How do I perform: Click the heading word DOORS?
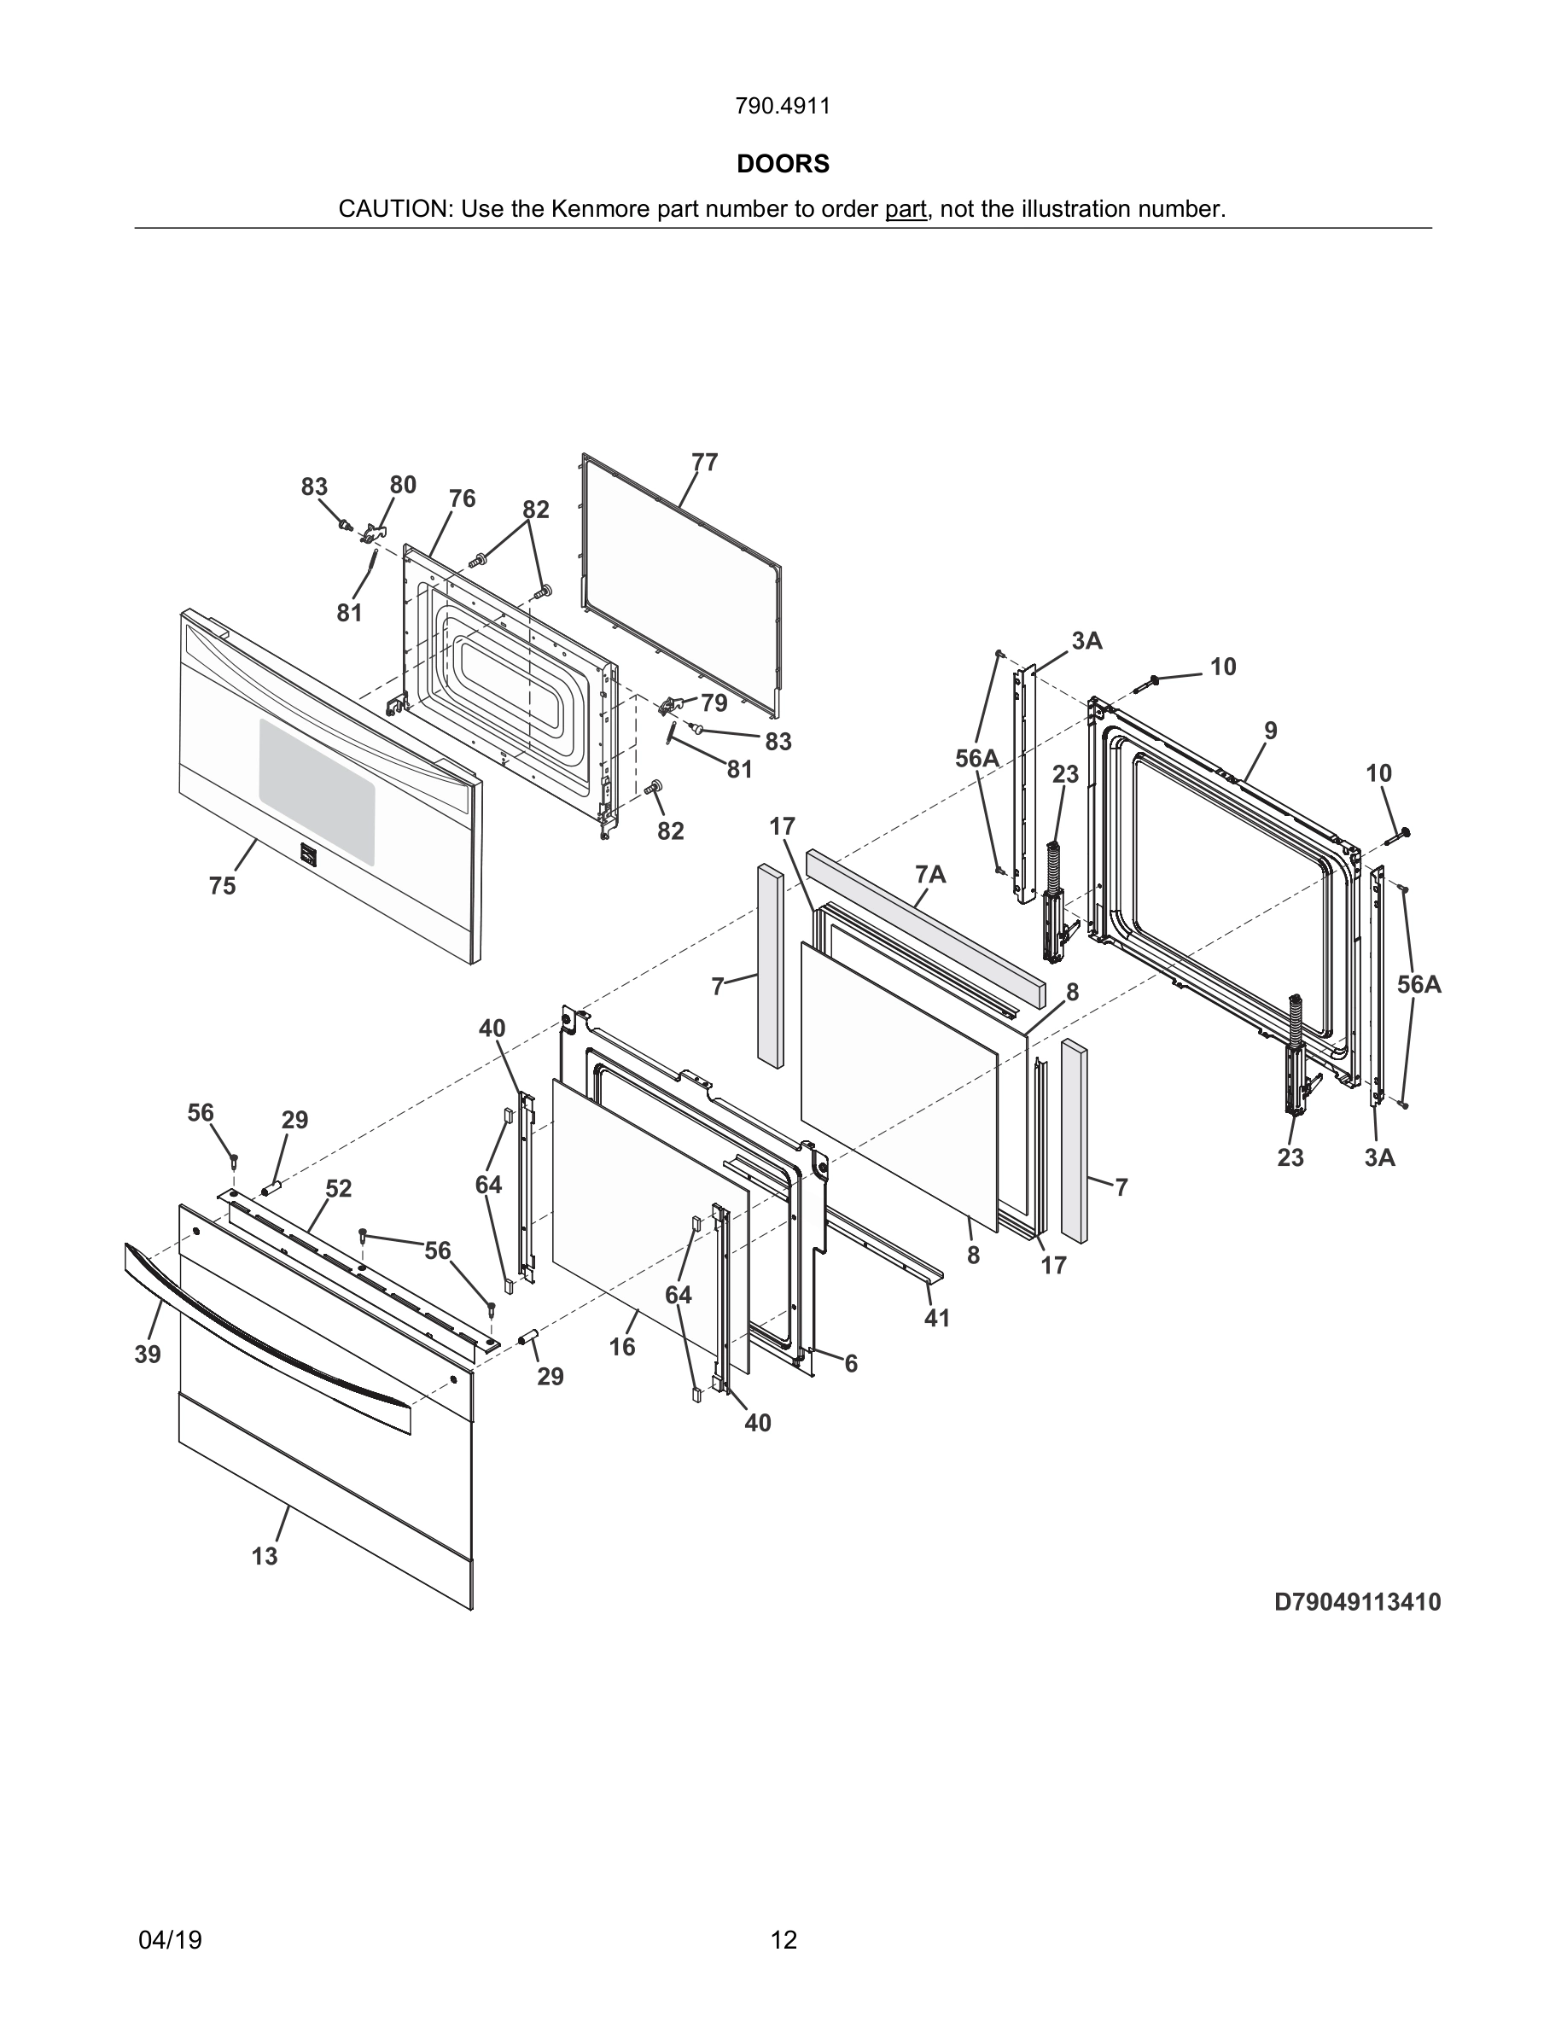click(x=783, y=165)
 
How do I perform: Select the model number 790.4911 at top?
click(x=783, y=107)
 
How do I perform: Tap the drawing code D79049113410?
click(x=1357, y=1602)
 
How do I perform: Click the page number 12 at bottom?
click(x=783, y=1940)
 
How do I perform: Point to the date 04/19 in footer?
click(x=170, y=1940)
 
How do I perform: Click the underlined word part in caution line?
click(x=905, y=210)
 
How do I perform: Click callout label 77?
click(x=705, y=463)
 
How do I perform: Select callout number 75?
click(x=222, y=886)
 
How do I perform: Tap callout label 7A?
click(x=930, y=874)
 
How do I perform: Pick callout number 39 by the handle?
click(x=148, y=1355)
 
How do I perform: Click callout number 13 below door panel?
click(x=265, y=1556)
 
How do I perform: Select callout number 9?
click(x=1270, y=731)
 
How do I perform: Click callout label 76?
click(x=463, y=498)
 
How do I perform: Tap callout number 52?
click(x=339, y=1189)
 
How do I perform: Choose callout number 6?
click(x=850, y=1363)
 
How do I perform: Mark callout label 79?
click(x=714, y=703)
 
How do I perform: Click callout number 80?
click(x=403, y=485)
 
